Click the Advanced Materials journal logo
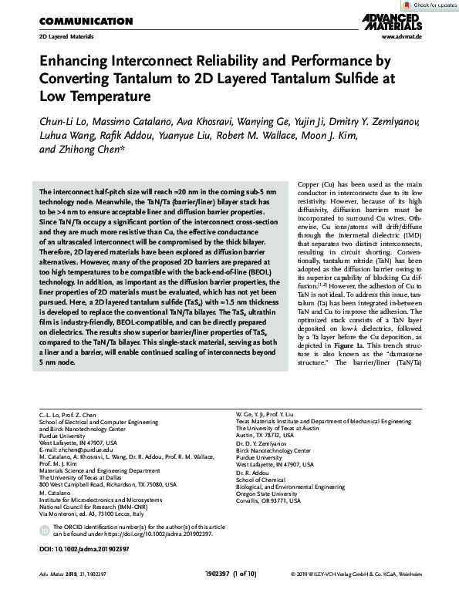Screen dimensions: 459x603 point(417,22)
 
